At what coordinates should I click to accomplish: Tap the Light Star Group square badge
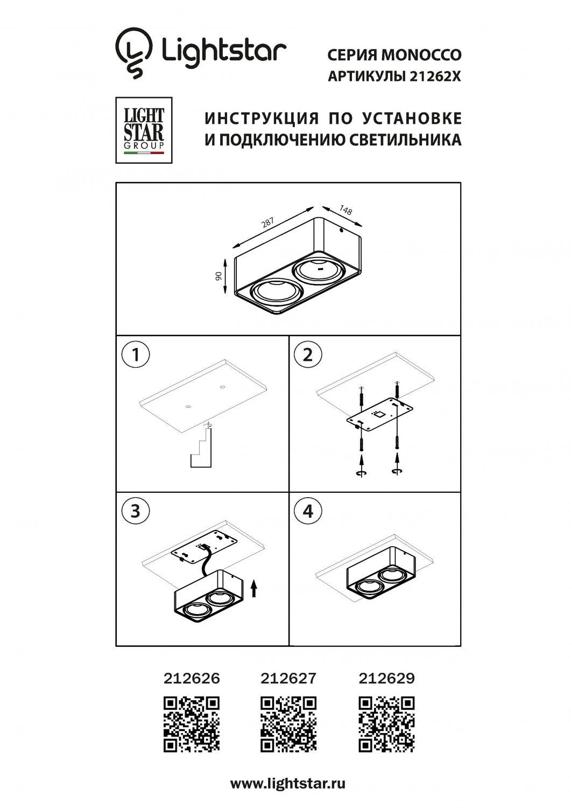point(144,130)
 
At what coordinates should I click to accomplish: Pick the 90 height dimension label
point(218,276)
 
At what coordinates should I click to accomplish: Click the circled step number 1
point(135,356)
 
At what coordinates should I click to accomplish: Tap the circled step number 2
point(308,356)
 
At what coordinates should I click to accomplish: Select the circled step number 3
point(135,510)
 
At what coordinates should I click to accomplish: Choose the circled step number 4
point(308,510)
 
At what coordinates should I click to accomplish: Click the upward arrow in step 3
point(255,588)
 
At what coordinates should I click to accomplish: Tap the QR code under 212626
point(192,724)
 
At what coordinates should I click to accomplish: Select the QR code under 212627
point(288,724)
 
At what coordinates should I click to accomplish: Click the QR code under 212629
point(386,724)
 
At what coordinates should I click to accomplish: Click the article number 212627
point(288,678)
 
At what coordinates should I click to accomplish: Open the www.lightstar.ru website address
point(288,783)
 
